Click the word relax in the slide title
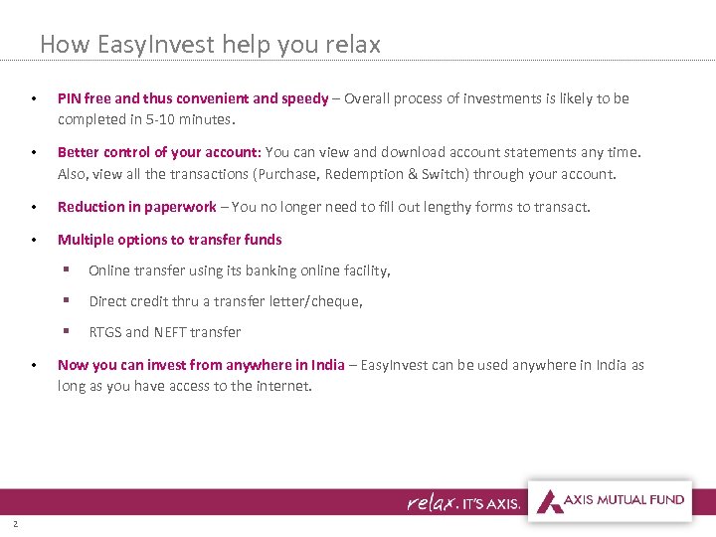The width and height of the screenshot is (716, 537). pos(353,45)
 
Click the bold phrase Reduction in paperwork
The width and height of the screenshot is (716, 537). pos(136,207)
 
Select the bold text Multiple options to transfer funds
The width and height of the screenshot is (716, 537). pos(169,239)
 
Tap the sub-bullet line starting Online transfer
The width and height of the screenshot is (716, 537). pos(239,270)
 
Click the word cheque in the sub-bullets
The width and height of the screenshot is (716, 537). pos(336,301)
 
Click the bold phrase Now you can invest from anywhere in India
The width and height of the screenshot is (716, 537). pos(201,365)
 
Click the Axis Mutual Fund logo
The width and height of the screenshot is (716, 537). pos(610,500)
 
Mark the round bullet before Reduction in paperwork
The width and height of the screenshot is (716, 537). pos(34,208)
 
